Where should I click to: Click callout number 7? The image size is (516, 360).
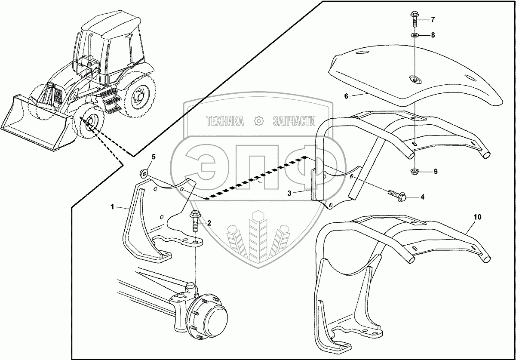coord(433,20)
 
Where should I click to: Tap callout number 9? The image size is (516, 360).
coord(435,172)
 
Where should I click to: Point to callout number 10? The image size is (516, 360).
coord(477,217)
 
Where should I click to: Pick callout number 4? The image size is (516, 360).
coord(423,197)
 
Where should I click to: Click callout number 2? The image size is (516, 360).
coord(209,223)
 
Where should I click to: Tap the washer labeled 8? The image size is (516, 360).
coord(415,35)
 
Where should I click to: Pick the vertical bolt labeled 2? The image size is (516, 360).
coord(195,222)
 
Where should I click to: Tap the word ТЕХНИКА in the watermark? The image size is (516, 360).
coord(225,121)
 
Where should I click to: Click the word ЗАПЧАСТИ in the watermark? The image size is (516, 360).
coord(294,121)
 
